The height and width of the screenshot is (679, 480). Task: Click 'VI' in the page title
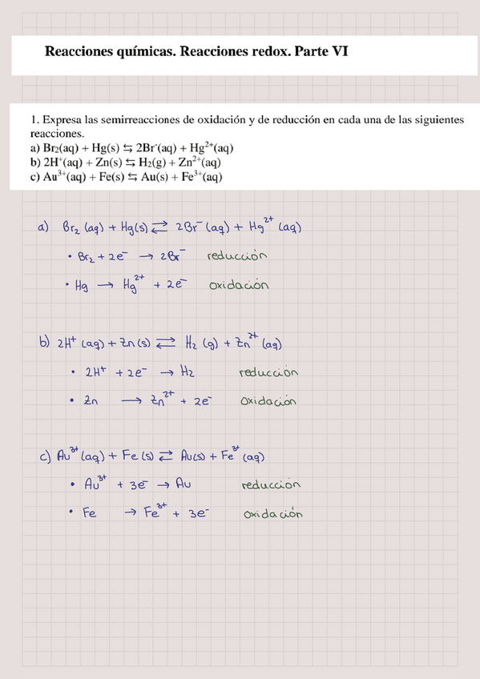[340, 54]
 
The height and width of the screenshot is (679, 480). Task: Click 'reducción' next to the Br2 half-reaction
[236, 256]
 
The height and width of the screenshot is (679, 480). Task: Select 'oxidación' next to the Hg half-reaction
[239, 285]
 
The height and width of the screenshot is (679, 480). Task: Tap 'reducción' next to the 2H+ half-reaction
[269, 372]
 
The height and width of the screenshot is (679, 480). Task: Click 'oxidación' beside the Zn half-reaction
[268, 401]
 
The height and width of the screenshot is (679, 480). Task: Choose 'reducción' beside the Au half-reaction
[270, 485]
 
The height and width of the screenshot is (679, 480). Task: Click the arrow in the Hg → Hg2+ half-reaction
[104, 286]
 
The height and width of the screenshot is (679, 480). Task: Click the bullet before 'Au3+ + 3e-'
[73, 485]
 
